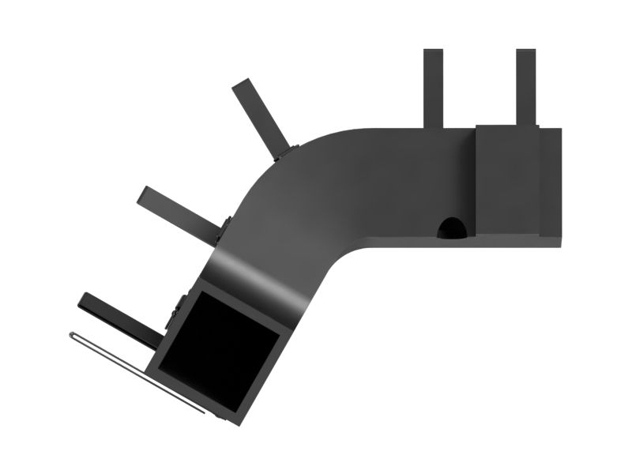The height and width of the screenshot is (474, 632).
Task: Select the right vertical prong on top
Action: (x=526, y=87)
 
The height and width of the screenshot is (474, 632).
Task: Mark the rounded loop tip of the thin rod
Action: (x=73, y=335)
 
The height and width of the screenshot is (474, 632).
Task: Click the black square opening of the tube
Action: (x=221, y=348)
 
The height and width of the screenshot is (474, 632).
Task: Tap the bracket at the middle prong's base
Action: (x=224, y=231)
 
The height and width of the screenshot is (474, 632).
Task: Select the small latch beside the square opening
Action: (x=177, y=311)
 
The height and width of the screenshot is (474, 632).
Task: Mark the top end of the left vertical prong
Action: (x=433, y=52)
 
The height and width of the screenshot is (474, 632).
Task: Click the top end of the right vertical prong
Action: (x=526, y=52)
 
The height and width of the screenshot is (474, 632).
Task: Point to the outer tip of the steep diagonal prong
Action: (x=242, y=85)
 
